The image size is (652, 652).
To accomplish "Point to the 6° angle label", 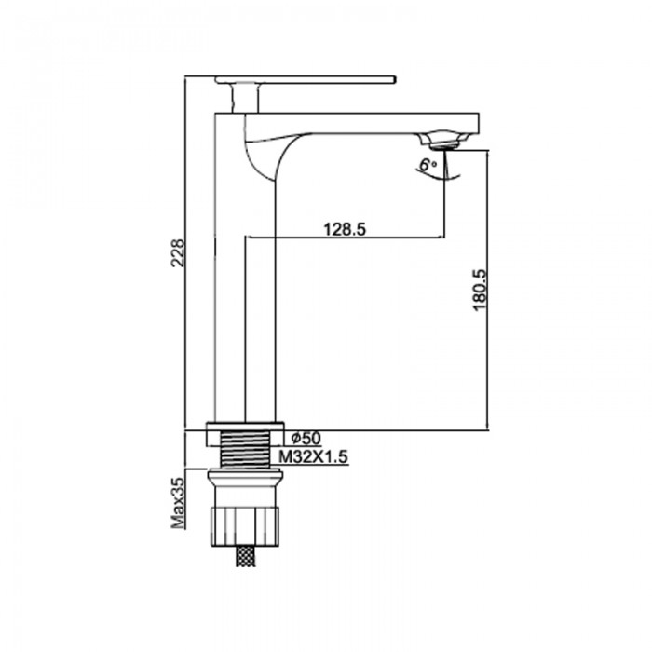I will point(428,165).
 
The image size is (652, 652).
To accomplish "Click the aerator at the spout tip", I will point(445,142).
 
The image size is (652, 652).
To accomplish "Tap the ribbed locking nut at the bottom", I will point(245,522).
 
